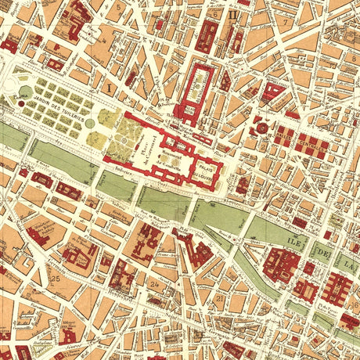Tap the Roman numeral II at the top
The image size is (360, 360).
(232, 13)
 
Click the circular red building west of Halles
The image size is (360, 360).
(260, 128)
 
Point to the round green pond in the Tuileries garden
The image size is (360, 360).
(92, 123)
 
